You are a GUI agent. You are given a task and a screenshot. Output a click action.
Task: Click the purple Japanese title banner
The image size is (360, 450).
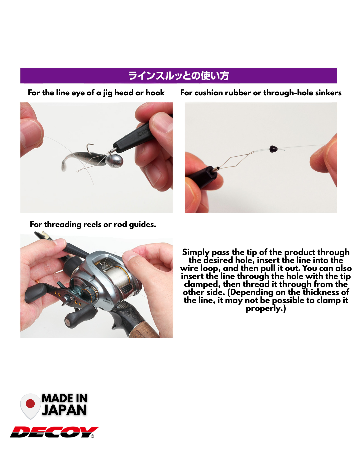coord(179,76)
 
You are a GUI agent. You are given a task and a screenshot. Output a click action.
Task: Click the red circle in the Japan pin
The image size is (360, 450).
coord(30,404)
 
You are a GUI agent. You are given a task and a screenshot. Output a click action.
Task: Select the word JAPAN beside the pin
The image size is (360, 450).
coord(64,410)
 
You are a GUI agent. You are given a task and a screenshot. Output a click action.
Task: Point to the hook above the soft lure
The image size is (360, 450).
coord(90,147)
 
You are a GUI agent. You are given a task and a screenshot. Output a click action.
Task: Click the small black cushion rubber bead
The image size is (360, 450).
coord(273,149)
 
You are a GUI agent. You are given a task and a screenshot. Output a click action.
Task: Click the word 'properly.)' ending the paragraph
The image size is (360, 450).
coord(266,309)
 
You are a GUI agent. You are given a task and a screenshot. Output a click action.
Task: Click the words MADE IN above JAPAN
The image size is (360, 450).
coord(64,398)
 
